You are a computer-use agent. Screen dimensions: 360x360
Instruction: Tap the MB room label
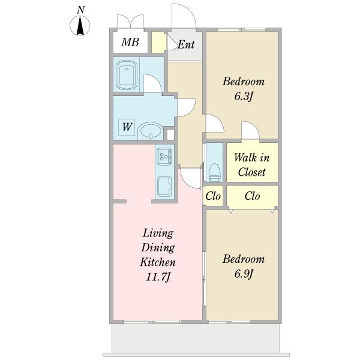pyautogui.click(x=130, y=42)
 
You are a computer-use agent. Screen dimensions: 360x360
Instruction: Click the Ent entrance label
pyautogui.click(x=186, y=44)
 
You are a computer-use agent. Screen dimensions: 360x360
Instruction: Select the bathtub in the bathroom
pyautogui.click(x=127, y=74)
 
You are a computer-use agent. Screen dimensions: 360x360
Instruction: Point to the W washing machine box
pyautogui.click(x=127, y=127)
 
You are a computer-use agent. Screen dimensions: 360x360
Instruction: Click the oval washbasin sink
pyautogui.click(x=151, y=131)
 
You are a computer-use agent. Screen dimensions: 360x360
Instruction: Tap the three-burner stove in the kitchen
pyautogui.click(x=164, y=155)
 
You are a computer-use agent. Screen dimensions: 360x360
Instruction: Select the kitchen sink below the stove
pyautogui.click(x=164, y=186)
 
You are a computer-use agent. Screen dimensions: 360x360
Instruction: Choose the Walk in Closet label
pyautogui.click(x=252, y=164)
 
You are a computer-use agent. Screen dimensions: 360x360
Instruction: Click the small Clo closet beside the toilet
pyautogui.click(x=213, y=196)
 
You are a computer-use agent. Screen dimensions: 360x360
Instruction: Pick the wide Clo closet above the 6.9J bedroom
pyautogui.click(x=252, y=196)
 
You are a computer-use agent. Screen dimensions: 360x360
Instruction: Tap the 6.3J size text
pyautogui.click(x=244, y=97)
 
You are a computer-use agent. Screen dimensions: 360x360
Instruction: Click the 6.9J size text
pyautogui.click(x=244, y=274)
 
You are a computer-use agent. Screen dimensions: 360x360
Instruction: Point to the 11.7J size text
pyautogui.click(x=158, y=277)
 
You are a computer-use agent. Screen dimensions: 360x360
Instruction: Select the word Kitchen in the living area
pyautogui.click(x=158, y=262)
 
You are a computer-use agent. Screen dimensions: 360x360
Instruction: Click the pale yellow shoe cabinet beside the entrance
pyautogui.click(x=158, y=42)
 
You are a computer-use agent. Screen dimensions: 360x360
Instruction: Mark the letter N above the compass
pyautogui.click(x=80, y=10)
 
